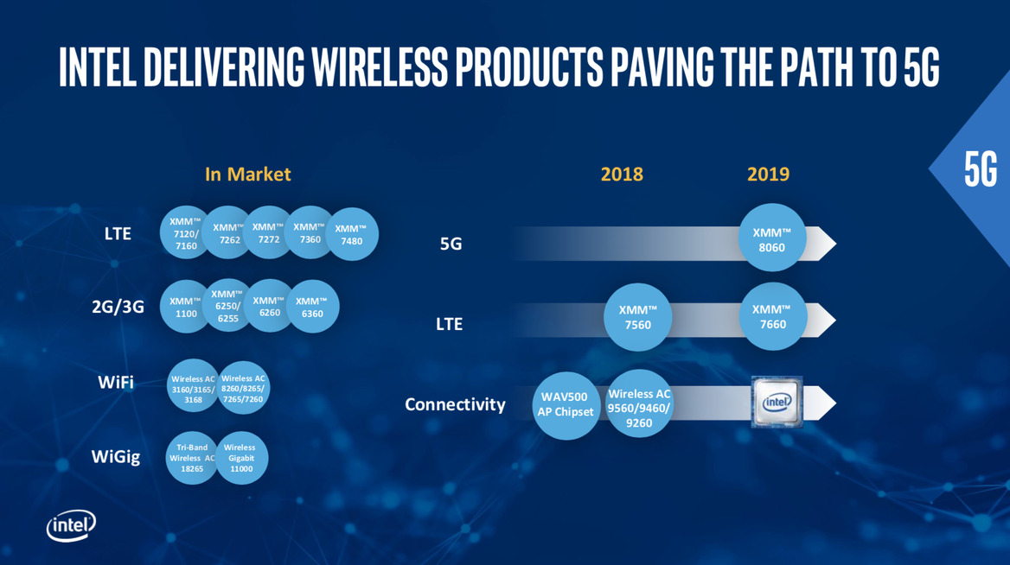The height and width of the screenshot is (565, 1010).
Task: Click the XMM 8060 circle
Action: tap(772, 238)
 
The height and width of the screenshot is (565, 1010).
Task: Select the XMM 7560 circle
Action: tap(638, 317)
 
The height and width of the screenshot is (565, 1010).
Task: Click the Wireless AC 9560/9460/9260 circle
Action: tap(640, 400)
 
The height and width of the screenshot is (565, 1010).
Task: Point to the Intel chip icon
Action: tap(777, 403)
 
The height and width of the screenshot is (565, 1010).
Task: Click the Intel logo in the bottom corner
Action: tap(71, 524)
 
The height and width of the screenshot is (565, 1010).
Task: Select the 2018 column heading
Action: tap(622, 174)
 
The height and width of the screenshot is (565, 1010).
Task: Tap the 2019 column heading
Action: tap(768, 174)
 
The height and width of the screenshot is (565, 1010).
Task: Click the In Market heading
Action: tap(247, 174)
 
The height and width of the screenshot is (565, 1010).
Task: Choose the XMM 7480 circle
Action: tap(352, 234)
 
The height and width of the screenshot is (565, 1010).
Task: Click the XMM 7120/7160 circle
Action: tap(185, 233)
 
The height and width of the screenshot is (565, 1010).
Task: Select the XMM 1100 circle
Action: tap(186, 306)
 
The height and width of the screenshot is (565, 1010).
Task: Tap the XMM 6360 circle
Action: tap(312, 306)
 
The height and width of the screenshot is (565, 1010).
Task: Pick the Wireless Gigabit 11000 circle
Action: tap(241, 458)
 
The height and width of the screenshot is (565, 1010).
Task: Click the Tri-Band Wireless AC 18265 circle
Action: tap(192, 458)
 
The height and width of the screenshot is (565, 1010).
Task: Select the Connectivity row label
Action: tap(455, 403)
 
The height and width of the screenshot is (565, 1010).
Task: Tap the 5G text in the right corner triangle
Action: tap(981, 169)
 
